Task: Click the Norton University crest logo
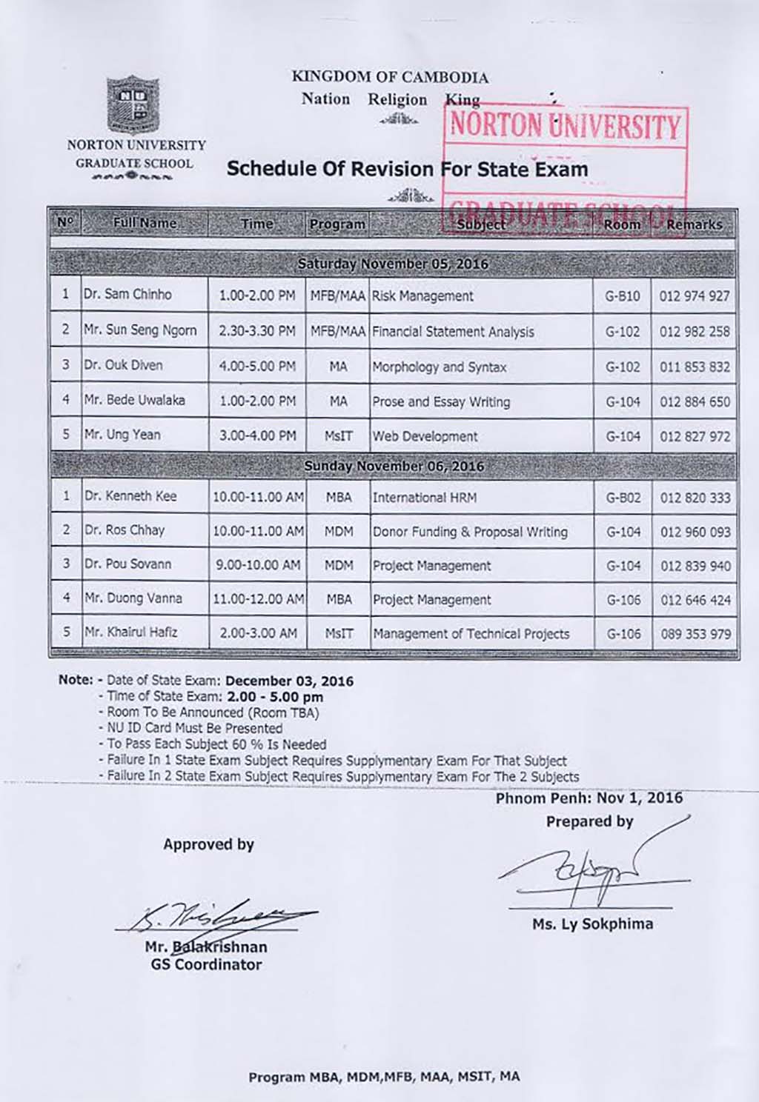pyautogui.click(x=134, y=104)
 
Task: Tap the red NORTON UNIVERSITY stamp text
pyautogui.click(x=565, y=126)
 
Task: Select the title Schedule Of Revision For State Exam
pyautogui.click(x=407, y=169)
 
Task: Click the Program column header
pyautogui.click(x=337, y=224)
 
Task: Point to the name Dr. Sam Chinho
pyautogui.click(x=127, y=294)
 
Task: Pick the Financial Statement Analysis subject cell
pyautogui.click(x=453, y=332)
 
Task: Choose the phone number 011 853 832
pyautogui.click(x=695, y=367)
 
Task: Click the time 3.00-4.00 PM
pyautogui.click(x=257, y=436)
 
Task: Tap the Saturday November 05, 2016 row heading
pyautogui.click(x=392, y=264)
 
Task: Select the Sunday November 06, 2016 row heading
pyautogui.click(x=394, y=467)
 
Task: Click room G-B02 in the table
pyautogui.click(x=623, y=498)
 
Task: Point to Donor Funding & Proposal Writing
pyautogui.click(x=470, y=532)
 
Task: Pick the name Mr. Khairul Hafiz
pyautogui.click(x=130, y=632)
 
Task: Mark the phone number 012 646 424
pyautogui.click(x=695, y=600)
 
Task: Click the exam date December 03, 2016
pyautogui.click(x=289, y=681)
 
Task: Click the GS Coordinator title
pyautogui.click(x=206, y=964)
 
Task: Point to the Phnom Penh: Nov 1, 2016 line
pyautogui.click(x=589, y=798)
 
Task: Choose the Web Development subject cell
pyautogui.click(x=425, y=436)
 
